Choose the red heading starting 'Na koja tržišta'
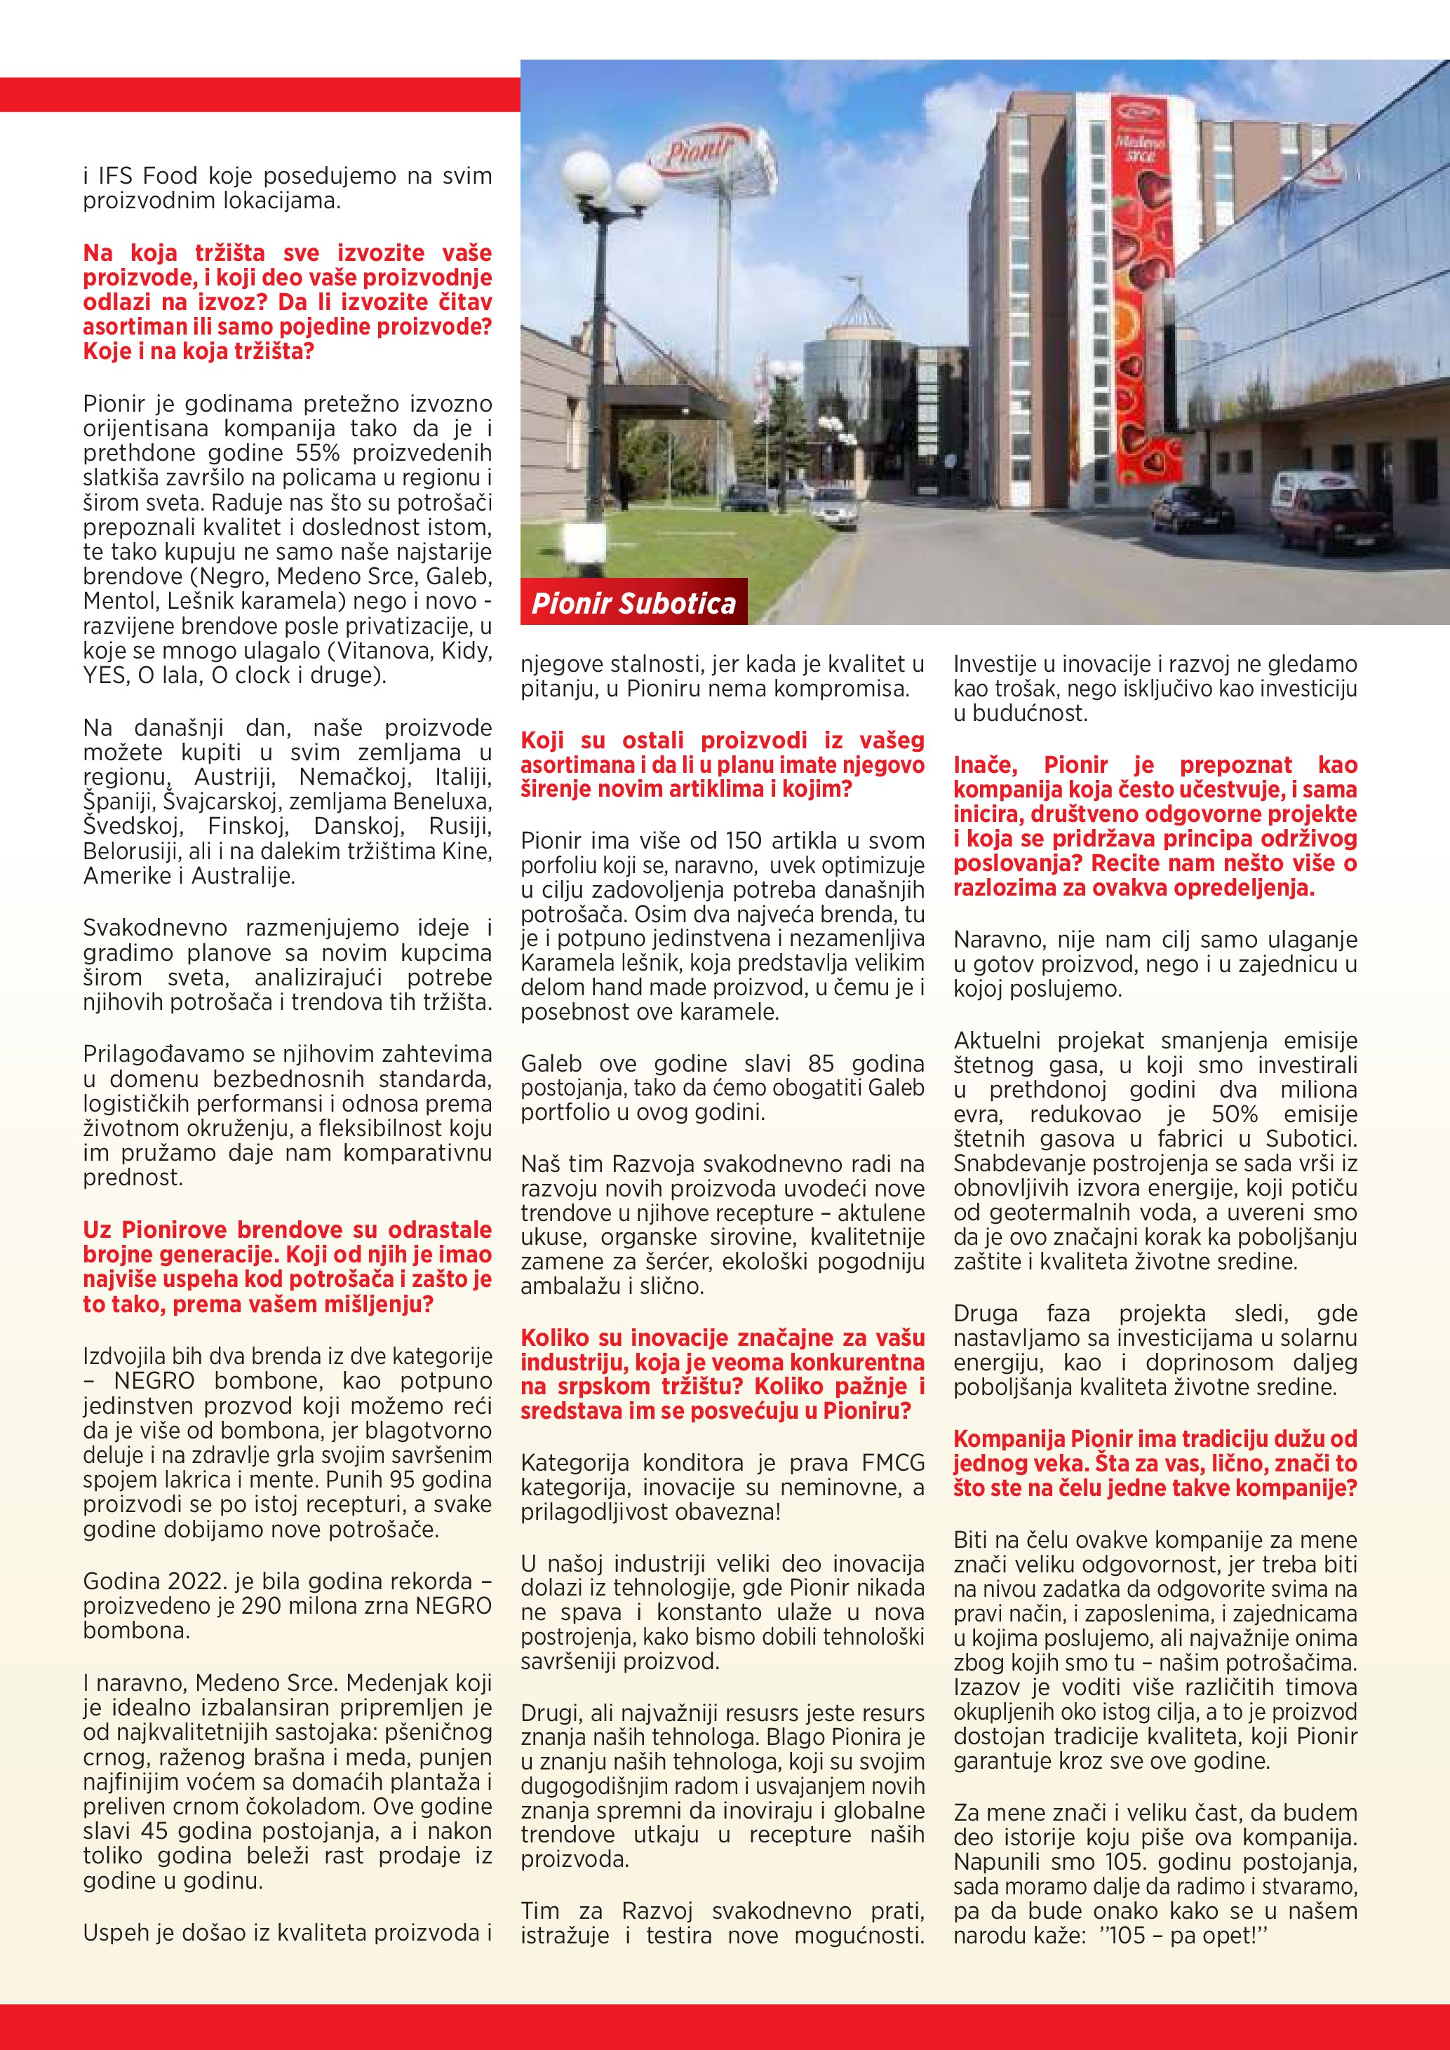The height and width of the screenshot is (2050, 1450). (288, 302)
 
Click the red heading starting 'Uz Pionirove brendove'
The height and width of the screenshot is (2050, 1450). (288, 1267)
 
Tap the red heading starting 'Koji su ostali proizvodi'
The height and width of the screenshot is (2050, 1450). (723, 764)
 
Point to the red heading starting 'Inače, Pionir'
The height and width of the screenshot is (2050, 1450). (1155, 826)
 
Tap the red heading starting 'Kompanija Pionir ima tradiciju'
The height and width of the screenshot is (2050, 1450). (1155, 1464)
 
